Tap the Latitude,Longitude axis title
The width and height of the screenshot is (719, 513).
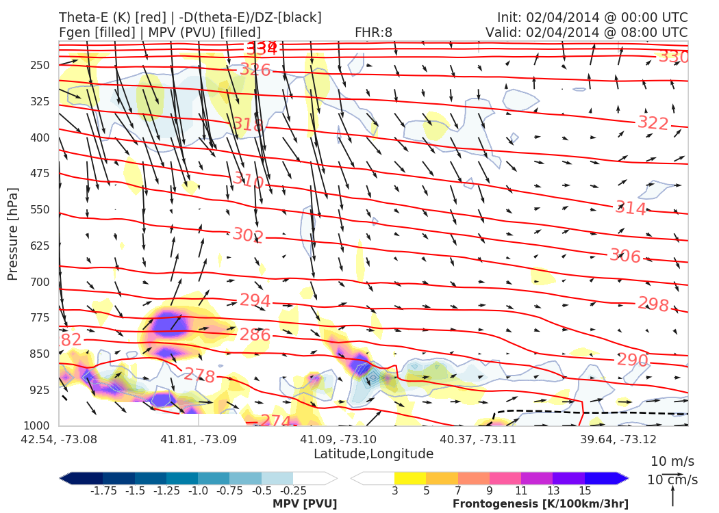(x=373, y=454)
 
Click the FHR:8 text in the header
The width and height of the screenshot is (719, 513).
(x=373, y=33)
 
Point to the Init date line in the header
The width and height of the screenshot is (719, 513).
(x=592, y=17)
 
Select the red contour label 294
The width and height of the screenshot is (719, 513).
(x=255, y=301)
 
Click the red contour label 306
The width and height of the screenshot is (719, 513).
(x=625, y=256)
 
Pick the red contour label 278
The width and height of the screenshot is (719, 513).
(x=199, y=376)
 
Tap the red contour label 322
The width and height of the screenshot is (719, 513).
(x=653, y=123)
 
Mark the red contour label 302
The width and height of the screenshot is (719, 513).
(x=247, y=235)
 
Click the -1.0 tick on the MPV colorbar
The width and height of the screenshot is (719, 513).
(x=199, y=490)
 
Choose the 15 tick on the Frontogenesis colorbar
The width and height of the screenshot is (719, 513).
(x=584, y=490)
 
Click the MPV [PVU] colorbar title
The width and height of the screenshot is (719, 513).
(x=305, y=504)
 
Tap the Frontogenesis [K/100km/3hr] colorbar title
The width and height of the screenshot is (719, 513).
(x=540, y=504)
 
